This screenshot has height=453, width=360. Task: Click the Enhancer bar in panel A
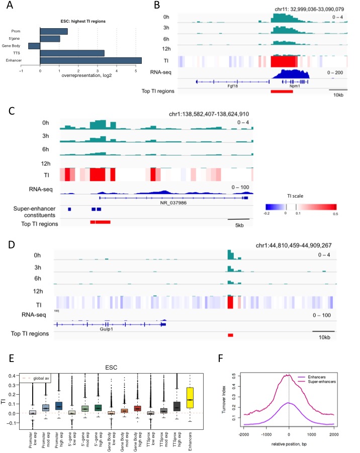point(91,60)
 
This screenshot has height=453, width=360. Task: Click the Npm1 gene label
point(290,86)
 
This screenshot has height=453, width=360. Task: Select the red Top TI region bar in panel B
point(285,91)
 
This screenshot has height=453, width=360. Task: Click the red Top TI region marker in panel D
point(230,334)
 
